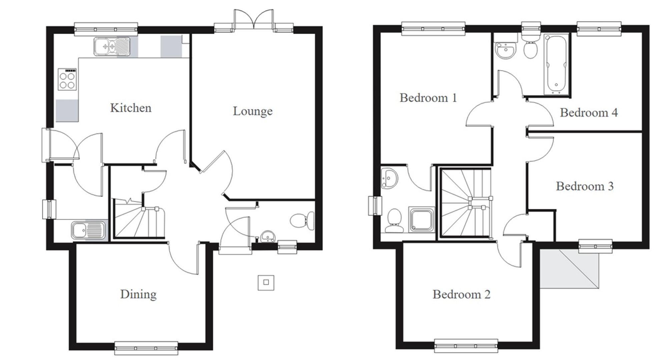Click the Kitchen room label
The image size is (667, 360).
131,108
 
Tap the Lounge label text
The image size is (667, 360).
252,111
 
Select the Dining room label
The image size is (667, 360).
138,294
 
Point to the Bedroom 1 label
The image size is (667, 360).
428,98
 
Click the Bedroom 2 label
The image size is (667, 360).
462,295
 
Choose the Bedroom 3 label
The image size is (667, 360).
585,186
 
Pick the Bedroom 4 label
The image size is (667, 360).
589,113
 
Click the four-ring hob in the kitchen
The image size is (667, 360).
67,79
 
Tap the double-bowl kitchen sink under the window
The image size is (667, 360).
111,46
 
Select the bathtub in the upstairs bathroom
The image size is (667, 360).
556,63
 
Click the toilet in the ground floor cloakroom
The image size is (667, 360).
302,221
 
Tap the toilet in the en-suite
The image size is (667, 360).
394,220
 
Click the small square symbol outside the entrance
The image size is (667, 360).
266,282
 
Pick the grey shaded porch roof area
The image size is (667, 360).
570,268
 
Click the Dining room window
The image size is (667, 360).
146,347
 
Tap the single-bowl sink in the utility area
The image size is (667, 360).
88,230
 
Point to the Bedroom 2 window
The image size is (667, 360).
466,346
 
